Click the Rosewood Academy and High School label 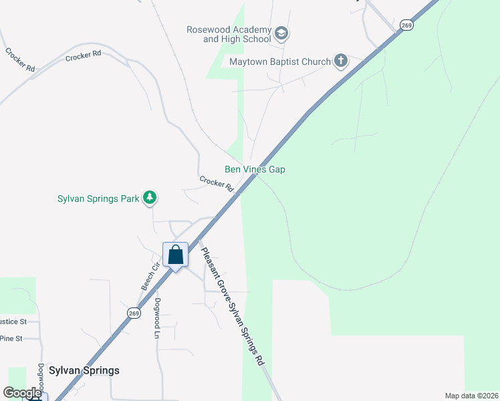coord(237,35)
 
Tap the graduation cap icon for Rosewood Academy coord(281,33)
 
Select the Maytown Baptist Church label coord(280,62)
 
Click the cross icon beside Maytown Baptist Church coord(340,61)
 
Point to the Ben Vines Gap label coord(255,170)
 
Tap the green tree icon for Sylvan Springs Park coord(151,198)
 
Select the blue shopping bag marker coord(175,255)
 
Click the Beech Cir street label coord(150,276)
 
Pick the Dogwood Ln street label coord(158,317)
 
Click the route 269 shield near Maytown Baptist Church coord(406,25)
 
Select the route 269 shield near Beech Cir coord(134,312)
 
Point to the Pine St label coord(11,339)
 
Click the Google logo coord(22,393)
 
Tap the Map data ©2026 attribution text coord(471,396)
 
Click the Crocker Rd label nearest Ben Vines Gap coord(215,182)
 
